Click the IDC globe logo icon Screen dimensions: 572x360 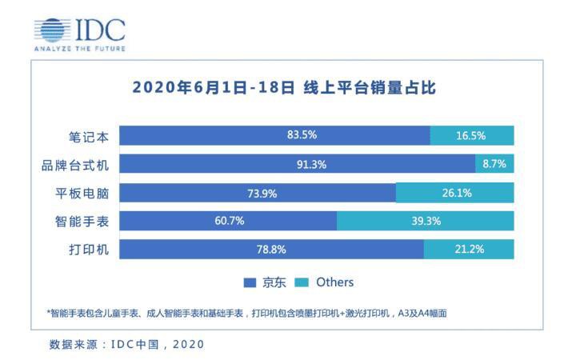click(52, 30)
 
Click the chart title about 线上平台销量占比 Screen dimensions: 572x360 click(284, 88)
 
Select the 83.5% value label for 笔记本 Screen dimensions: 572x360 click(302, 135)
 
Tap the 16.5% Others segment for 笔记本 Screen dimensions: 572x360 click(472, 136)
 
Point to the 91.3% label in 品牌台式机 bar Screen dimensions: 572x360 click(311, 165)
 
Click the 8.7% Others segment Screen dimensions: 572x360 click(494, 164)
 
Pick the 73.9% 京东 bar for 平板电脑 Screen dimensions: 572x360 click(258, 193)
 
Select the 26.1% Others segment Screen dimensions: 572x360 click(455, 193)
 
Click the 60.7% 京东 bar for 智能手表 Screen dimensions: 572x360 click(228, 221)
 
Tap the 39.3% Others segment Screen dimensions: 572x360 click(426, 221)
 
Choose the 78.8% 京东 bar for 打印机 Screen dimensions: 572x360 click(272, 250)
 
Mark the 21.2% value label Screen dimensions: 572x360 click(469, 250)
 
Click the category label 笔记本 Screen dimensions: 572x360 click(89, 137)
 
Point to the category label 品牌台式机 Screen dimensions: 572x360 click(75, 166)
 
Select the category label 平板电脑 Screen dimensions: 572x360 click(82, 194)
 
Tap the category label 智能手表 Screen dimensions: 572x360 click(82, 222)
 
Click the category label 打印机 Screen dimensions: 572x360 click(89, 250)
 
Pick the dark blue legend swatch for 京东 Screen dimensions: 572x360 click(250, 282)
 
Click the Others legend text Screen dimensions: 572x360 click(335, 282)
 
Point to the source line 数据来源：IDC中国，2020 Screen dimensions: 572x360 click(126, 344)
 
